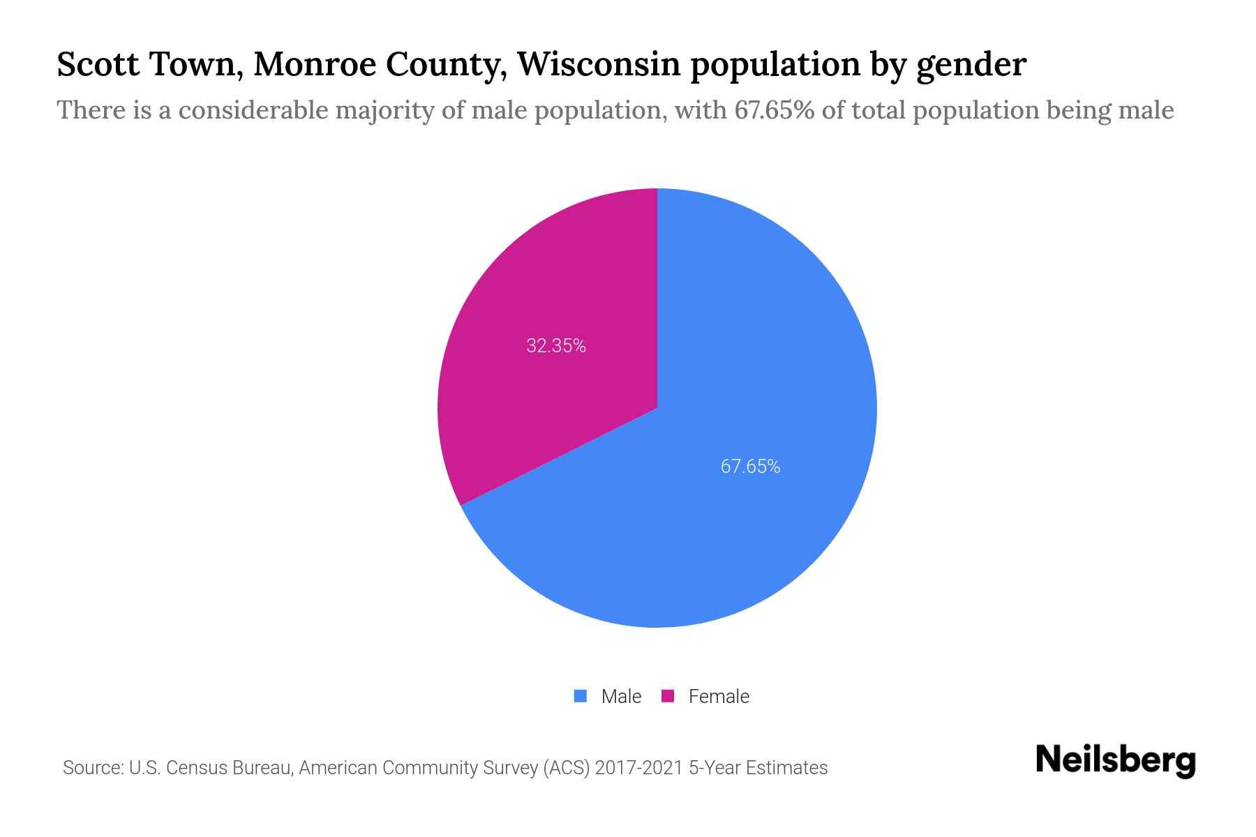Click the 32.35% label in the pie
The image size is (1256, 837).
coord(556,345)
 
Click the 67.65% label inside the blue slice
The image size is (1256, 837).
coord(750,466)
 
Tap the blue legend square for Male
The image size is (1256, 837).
coord(580,696)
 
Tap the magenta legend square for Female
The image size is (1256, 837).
coord(668,696)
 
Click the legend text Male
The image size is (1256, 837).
coord(621,696)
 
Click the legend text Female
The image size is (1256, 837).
coord(719,696)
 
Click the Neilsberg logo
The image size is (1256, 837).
coord(1115,760)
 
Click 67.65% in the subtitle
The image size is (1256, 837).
coord(774,110)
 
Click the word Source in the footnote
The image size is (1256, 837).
coord(91,768)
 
